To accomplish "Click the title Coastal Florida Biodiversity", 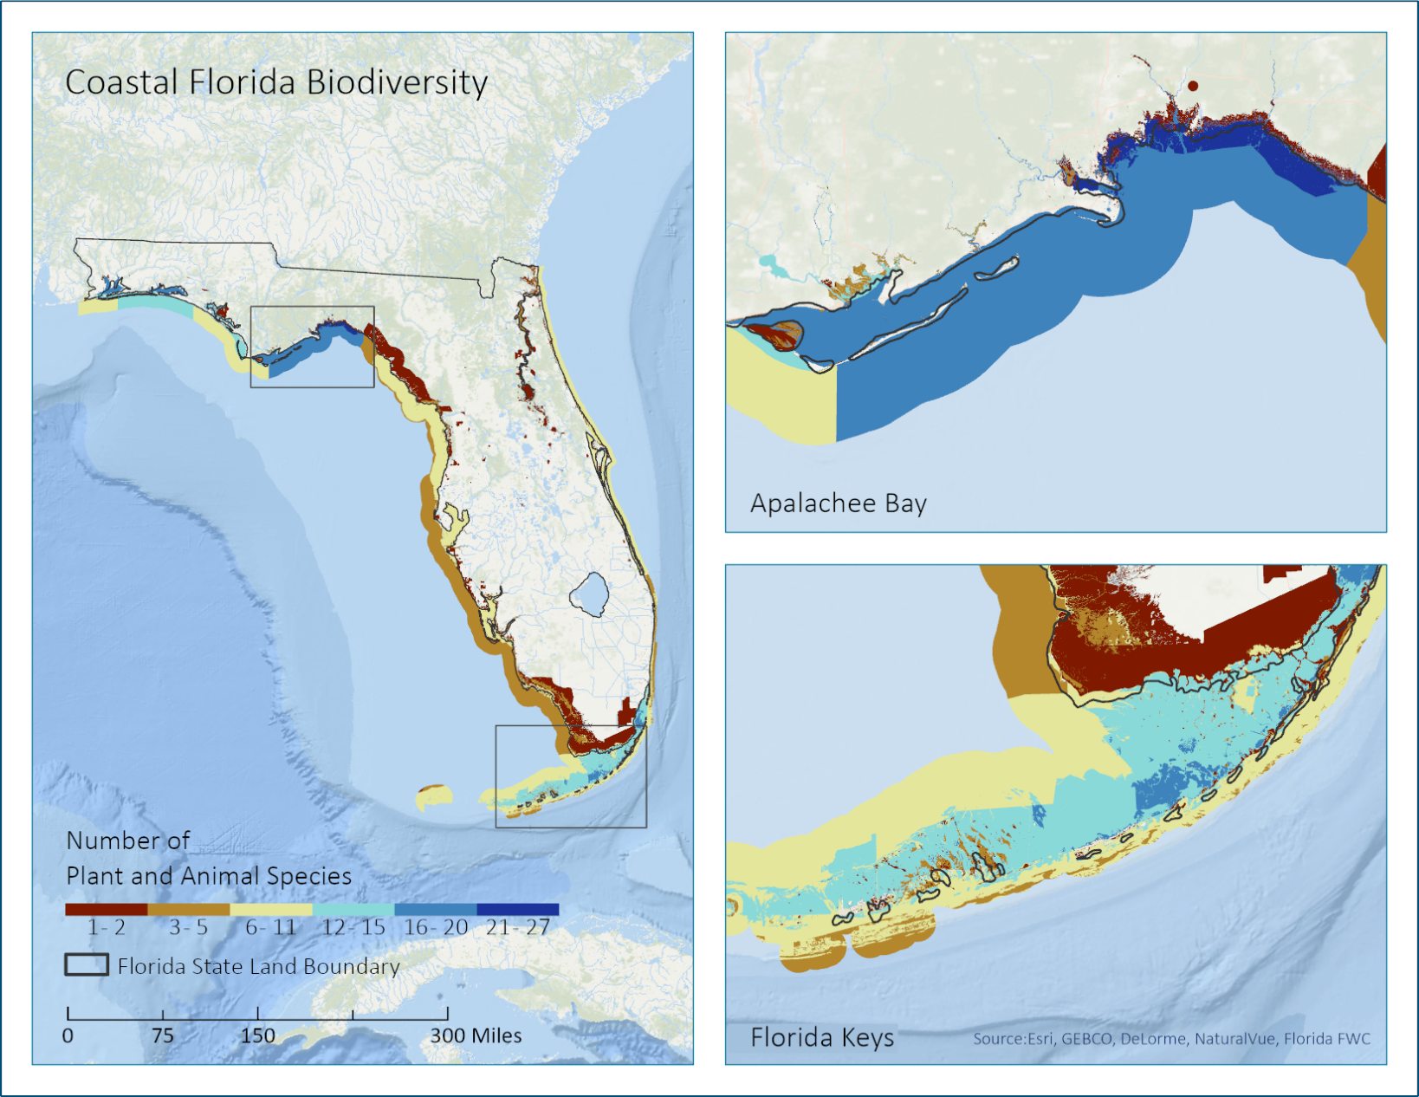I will [276, 82].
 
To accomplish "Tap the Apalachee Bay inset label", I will [838, 503].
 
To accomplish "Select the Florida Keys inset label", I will [821, 1037].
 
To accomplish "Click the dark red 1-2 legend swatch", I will [106, 909].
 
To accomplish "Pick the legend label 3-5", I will [188, 928].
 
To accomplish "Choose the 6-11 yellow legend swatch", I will [270, 909].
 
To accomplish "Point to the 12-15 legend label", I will [353, 928].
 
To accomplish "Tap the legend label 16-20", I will [436, 928].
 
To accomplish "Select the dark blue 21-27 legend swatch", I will [518, 909].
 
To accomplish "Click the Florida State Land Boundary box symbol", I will [87, 965].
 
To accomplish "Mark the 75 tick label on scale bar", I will [162, 1035].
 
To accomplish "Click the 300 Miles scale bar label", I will [476, 1035].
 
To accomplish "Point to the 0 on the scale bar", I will [68, 1035].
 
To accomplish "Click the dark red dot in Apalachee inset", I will [1193, 86].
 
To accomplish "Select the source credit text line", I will [1171, 1039].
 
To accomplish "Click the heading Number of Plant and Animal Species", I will [209, 859].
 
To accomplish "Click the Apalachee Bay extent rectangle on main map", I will [312, 307].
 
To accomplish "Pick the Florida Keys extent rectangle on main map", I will [570, 726].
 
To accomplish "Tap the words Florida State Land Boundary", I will [258, 966].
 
